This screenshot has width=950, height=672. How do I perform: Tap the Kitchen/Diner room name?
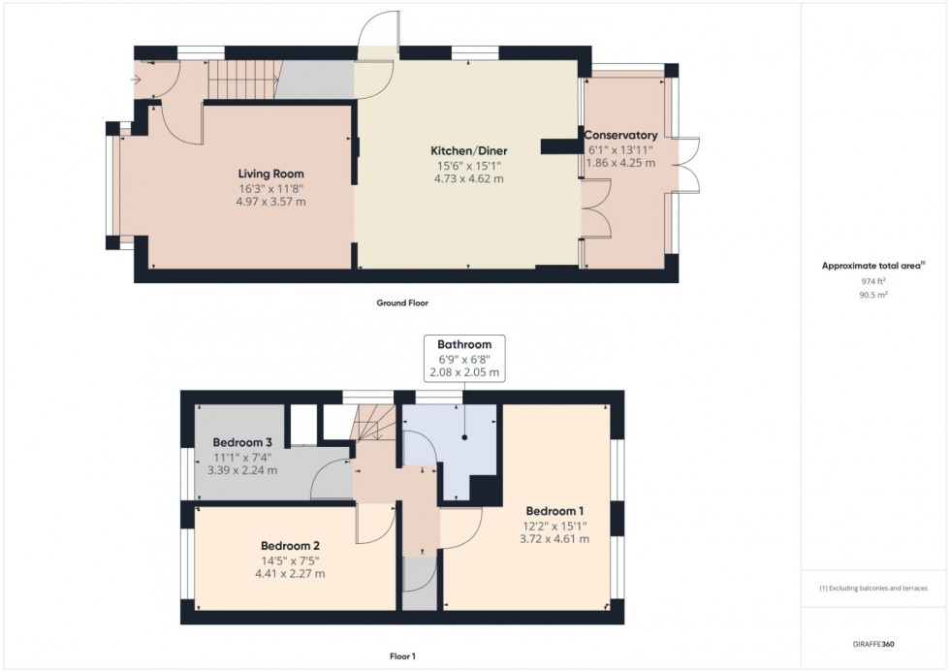click(x=469, y=150)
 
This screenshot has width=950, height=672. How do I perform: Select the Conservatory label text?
click(x=620, y=135)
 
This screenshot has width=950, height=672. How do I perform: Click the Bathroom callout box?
click(x=464, y=359)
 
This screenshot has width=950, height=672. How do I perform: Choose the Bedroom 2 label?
click(x=289, y=545)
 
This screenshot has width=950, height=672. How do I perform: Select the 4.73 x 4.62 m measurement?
click(x=469, y=178)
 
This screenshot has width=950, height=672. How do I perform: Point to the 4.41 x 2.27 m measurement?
click(x=289, y=573)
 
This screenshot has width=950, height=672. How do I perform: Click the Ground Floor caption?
click(x=402, y=303)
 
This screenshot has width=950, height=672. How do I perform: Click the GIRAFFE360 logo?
click(x=874, y=643)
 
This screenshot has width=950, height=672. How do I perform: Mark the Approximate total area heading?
click(x=873, y=265)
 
